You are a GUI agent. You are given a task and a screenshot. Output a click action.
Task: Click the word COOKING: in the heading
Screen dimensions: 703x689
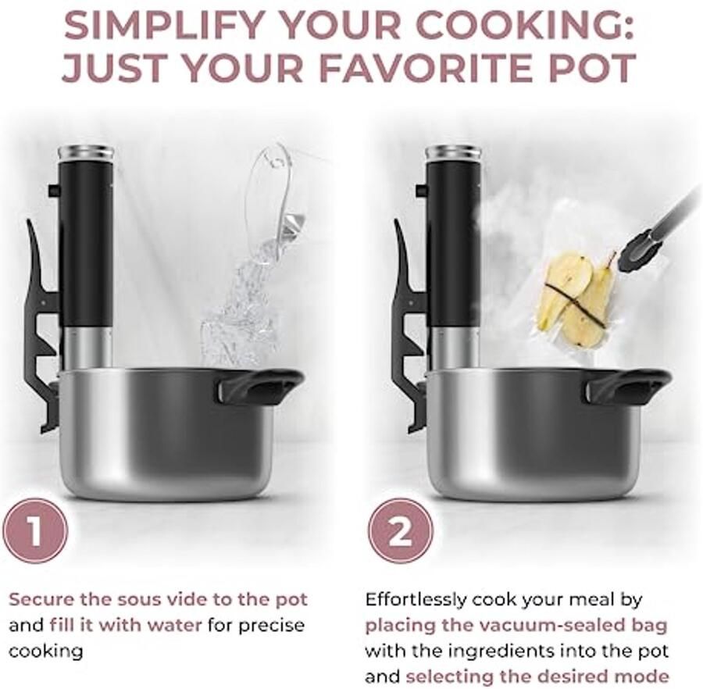pos(525,26)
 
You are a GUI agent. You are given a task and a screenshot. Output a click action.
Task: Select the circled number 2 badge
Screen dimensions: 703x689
pos(401,532)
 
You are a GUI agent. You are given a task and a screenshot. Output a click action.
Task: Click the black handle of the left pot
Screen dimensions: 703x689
pos(260,384)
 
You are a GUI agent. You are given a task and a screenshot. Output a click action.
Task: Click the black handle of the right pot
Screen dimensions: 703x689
pos(629,384)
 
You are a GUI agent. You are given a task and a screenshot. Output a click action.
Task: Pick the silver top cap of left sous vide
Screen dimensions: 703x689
pos(86,154)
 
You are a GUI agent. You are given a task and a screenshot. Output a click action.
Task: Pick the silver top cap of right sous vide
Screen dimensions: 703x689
pos(454,154)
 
